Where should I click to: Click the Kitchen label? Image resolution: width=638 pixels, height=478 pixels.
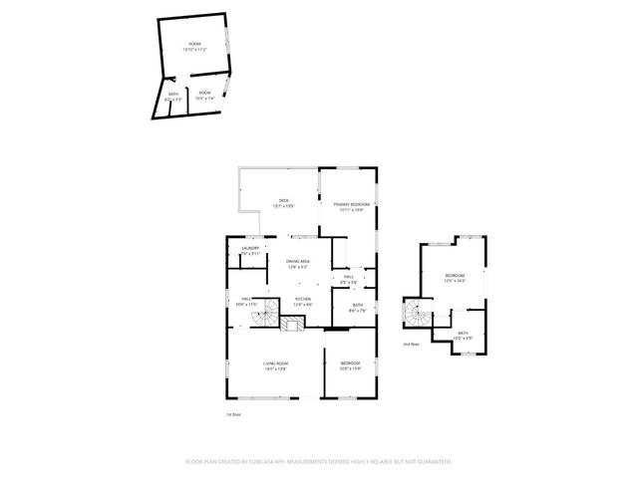pyautogui.click(x=303, y=301)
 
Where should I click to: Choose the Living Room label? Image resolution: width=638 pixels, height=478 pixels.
pyautogui.click(x=275, y=365)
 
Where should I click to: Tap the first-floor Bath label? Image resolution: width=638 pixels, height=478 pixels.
pyautogui.click(x=357, y=308)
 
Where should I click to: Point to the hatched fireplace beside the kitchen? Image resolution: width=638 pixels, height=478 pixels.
pyautogui.click(x=292, y=325)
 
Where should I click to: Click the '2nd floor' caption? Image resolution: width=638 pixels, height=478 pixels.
pyautogui.click(x=411, y=344)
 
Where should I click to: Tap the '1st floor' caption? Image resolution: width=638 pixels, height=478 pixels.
pyautogui.click(x=234, y=414)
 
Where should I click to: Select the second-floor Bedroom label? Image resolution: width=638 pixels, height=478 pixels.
pyautogui.click(x=455, y=278)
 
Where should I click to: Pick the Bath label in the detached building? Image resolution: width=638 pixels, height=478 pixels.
pyautogui.click(x=173, y=97)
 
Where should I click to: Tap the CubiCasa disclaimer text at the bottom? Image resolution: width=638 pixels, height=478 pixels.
pyautogui.click(x=319, y=462)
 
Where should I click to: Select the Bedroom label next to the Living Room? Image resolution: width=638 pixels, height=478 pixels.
pyautogui.click(x=350, y=365)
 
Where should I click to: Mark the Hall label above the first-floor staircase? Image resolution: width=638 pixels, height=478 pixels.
pyautogui.click(x=245, y=301)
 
